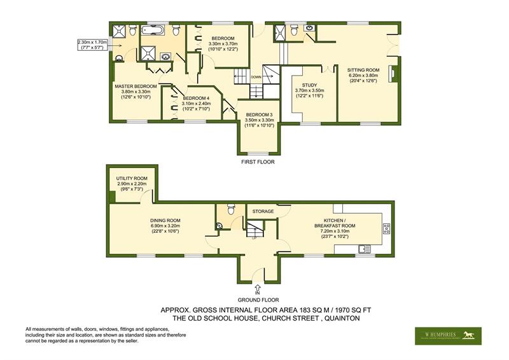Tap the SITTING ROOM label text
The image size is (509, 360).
pos(363,70)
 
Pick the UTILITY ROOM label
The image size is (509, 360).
pos(132,179)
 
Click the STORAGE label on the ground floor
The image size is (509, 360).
pos(263,211)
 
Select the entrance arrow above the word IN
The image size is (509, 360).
pos(257,287)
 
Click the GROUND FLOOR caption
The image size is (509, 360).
pos(258,299)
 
